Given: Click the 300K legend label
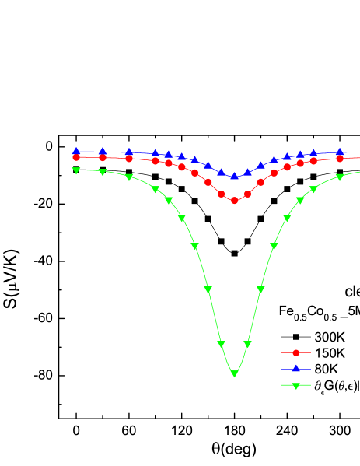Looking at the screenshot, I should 329,337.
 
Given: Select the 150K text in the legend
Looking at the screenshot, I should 329,352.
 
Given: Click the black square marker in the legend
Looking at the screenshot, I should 295,337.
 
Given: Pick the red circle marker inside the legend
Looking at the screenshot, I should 295,352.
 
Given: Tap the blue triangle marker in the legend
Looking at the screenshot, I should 295,368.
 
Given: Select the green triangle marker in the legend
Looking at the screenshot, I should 295,385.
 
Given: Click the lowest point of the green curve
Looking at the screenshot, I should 234,374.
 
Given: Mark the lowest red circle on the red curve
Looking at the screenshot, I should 234,201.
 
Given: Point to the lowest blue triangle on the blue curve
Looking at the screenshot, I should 234,177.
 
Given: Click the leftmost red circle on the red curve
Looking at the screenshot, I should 76,157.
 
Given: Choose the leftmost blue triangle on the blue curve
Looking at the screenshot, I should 76,151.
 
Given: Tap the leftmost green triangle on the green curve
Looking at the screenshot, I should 76,170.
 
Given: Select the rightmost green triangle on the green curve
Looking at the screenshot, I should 340,177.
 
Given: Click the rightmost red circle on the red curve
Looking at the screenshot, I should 340,159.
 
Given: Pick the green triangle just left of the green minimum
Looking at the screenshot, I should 221,343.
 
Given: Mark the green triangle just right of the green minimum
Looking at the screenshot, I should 247,343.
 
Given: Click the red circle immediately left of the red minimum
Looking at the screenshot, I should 221,194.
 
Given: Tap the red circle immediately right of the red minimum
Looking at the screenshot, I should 247,194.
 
